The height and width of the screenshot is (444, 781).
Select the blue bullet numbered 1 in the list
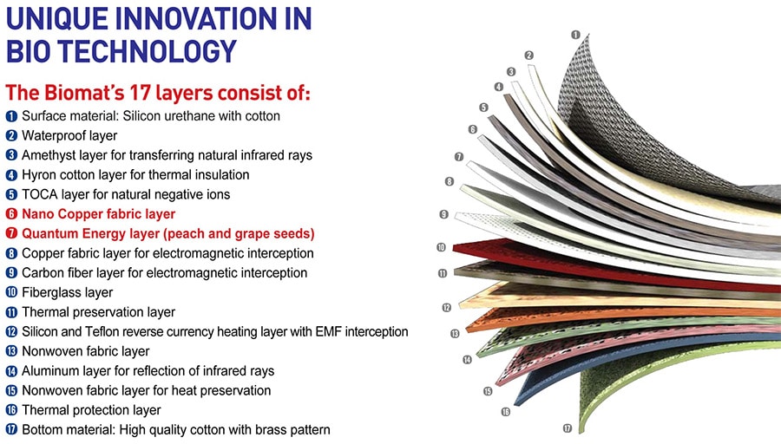(x=11, y=116)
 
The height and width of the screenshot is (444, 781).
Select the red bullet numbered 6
(x=11, y=214)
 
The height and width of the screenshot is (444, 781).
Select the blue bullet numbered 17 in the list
(x=11, y=429)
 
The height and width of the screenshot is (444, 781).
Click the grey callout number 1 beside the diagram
(x=576, y=35)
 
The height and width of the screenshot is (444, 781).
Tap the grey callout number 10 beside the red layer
(x=441, y=247)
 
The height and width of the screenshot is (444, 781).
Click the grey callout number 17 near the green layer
(x=568, y=428)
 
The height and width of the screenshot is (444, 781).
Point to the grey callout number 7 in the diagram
(x=459, y=157)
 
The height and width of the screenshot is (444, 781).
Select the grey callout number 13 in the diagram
(x=455, y=334)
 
